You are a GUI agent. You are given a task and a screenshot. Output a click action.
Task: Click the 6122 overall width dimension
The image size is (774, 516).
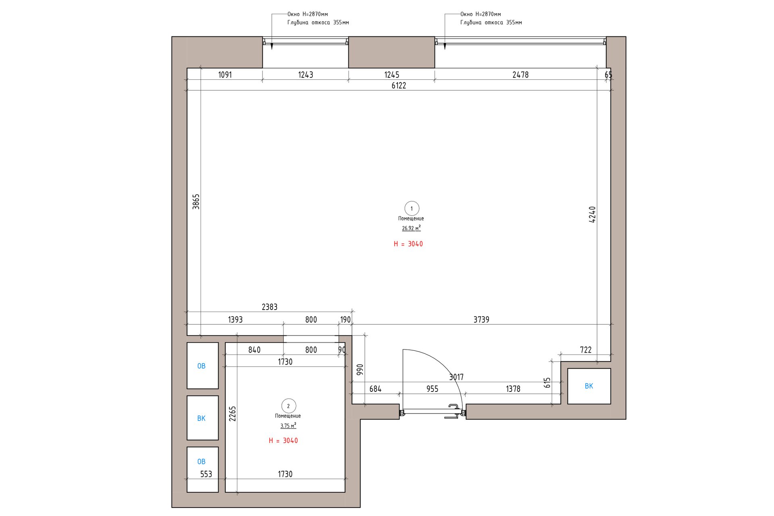pyautogui.click(x=399, y=85)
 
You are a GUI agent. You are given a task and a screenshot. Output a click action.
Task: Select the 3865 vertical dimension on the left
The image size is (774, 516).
pyautogui.click(x=196, y=202)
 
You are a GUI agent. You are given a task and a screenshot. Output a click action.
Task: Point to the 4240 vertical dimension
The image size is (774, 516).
pyautogui.click(x=592, y=214)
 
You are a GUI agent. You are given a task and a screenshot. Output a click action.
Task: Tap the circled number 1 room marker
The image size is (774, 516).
pyautogui.click(x=412, y=208)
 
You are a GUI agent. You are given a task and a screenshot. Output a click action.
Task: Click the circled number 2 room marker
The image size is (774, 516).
pyautogui.click(x=288, y=406)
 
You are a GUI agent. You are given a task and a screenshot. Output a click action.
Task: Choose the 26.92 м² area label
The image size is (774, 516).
pyautogui.click(x=411, y=228)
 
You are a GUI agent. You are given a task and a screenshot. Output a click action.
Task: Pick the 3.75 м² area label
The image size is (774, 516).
pyautogui.click(x=288, y=426)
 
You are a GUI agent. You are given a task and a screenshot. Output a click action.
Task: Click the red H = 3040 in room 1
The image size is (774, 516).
pyautogui.click(x=408, y=244)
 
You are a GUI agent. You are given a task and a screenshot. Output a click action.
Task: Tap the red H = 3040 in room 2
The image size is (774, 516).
pyautogui.click(x=283, y=441)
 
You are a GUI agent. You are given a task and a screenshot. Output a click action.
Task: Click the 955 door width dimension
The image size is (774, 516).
pyautogui.click(x=432, y=389)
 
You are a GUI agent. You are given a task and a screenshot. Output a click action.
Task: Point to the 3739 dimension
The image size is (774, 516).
pyautogui.click(x=481, y=320)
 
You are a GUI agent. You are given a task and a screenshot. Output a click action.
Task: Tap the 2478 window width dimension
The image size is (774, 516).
pyautogui.click(x=520, y=75)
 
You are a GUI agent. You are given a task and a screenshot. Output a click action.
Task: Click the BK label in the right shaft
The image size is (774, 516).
pyautogui.click(x=589, y=386)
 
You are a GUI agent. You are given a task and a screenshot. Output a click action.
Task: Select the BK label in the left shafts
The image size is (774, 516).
pyautogui.click(x=202, y=418)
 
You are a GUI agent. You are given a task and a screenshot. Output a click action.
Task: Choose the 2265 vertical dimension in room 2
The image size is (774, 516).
pyautogui.click(x=233, y=414)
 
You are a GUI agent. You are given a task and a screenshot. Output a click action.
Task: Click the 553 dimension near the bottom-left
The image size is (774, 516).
pyautogui.click(x=206, y=474)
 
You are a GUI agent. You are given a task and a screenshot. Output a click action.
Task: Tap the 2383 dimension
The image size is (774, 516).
pyautogui.click(x=270, y=307)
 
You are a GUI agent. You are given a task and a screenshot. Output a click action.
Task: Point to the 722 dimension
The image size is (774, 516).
pyautogui.click(x=586, y=350)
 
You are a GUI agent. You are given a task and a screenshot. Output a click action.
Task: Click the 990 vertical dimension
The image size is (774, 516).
pyautogui.click(x=360, y=370)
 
